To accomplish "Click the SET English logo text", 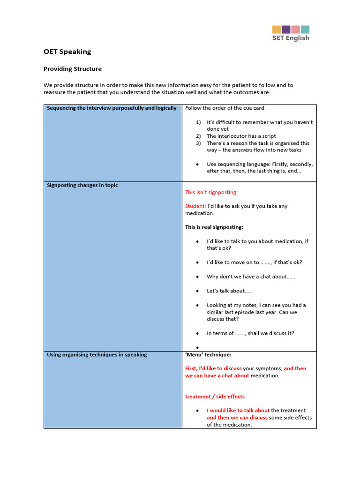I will pyautogui.click(x=291, y=38).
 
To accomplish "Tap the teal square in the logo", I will pyautogui.click(x=305, y=30).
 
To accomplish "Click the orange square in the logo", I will pyautogui.click(x=277, y=30).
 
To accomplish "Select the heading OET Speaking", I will pyautogui.click(x=67, y=52).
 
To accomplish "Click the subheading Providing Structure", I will pyautogui.click(x=72, y=69).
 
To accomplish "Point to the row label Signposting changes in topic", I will pyautogui.click(x=82, y=185).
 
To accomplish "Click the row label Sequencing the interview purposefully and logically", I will pyautogui.click(x=112, y=108).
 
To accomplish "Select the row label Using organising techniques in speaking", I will pyautogui.click(x=97, y=354).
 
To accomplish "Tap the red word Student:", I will pyautogui.click(x=195, y=206).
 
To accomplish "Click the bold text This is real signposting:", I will pyautogui.click(x=214, y=227).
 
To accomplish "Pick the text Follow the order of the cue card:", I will pyautogui.click(x=225, y=108).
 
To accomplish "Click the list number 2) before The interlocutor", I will pyautogui.click(x=198, y=136).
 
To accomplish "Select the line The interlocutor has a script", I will pyautogui.click(x=242, y=136).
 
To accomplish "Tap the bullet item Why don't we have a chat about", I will pyautogui.click(x=251, y=277).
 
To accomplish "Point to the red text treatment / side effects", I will pyautogui.click(x=215, y=397).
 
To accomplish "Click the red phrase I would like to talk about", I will pyautogui.click(x=238, y=411).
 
